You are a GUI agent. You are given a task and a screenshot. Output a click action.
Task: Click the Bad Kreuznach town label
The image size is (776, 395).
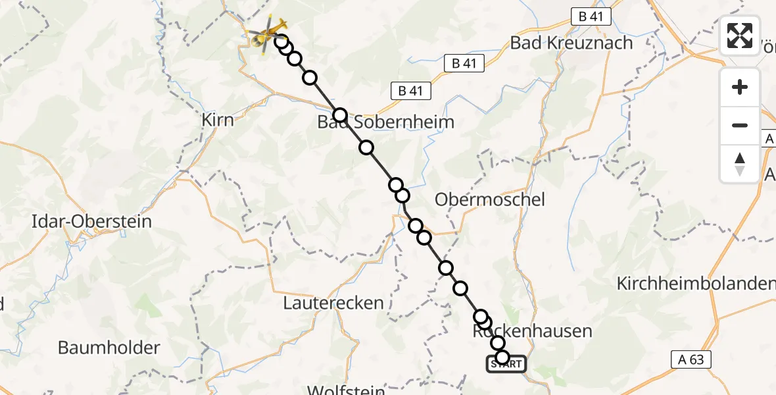pos(571,43)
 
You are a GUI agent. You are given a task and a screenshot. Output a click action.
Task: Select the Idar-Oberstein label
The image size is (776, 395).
pos(91,221)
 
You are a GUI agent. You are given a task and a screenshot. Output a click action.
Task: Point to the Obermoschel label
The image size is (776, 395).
pos(491,199)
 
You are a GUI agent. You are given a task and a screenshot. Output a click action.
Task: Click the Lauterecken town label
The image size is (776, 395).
pos(333,303)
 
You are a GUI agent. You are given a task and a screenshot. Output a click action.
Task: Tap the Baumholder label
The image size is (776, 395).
pos(109,348)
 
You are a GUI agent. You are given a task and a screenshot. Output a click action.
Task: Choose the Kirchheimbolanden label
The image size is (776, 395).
pos(696,284)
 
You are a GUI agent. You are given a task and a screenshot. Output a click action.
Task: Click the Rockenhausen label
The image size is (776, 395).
pos(533,331)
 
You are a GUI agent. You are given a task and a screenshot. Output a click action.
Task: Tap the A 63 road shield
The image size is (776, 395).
pos(692,359)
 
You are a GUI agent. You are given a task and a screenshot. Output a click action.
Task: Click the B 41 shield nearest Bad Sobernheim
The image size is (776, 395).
pos(411,91)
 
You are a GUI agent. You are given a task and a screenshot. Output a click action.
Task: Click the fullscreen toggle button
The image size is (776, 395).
pos(740,35)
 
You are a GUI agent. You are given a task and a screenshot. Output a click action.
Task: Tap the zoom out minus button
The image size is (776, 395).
pos(740,125)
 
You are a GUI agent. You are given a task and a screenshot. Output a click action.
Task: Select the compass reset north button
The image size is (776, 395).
pos(740,163)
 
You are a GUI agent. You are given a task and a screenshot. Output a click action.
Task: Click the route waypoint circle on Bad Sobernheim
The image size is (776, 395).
pos(339,116)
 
